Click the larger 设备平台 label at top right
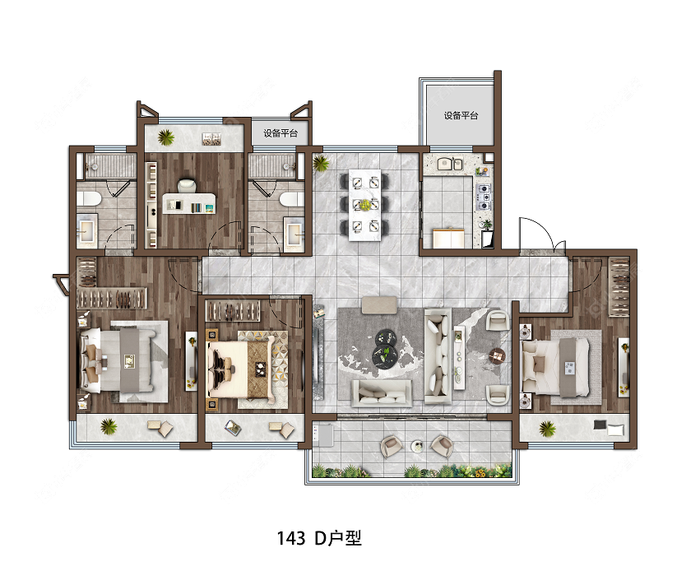[461, 115]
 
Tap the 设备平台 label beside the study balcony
[281, 133]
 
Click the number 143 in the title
[290, 539]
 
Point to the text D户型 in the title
[338, 538]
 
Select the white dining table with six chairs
[365, 205]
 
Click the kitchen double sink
[450, 164]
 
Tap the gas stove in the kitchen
[484, 197]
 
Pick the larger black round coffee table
[384, 356]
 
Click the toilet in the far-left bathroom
[89, 199]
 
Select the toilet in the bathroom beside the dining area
[292, 200]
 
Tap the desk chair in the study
[187, 185]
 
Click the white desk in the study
[188, 203]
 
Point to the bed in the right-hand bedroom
[555, 367]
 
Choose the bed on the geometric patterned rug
[241, 368]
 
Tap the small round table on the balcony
[417, 446]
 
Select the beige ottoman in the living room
[379, 305]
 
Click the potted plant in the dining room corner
[320, 163]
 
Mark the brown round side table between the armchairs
[497, 356]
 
